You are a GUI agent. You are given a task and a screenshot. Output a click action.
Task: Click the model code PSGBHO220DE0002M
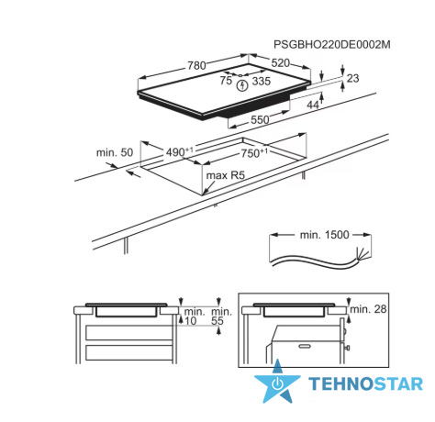[x=332, y=45]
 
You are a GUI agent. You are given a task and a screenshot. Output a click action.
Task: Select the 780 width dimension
[x=196, y=65]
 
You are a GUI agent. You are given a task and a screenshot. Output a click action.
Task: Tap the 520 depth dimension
[x=280, y=63]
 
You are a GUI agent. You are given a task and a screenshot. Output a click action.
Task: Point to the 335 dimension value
[x=262, y=81]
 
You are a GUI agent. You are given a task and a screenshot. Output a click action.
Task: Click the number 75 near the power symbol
[x=226, y=81]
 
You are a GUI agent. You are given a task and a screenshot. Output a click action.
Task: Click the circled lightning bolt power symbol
[x=242, y=85]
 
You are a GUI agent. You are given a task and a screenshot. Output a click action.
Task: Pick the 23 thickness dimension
[x=352, y=78]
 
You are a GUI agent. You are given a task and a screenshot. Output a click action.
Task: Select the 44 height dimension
[x=313, y=105]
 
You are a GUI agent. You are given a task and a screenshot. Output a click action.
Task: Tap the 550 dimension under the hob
[x=260, y=119]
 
